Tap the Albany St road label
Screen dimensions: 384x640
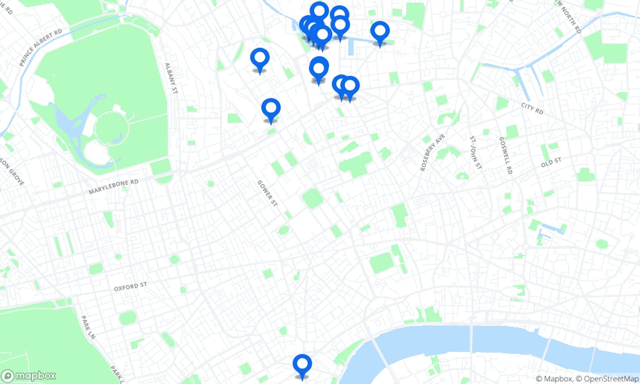coord(169,78)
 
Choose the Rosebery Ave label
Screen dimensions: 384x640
coord(431,152)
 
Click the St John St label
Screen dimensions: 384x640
coord(476,152)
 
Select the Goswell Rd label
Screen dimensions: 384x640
coord(505,155)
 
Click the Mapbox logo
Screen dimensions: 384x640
coord(29,375)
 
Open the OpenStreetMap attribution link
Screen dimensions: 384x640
coord(607,379)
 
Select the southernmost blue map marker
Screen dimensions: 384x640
coord(302,365)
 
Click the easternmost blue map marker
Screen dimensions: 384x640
coord(379,32)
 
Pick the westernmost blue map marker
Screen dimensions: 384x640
coord(260,59)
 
